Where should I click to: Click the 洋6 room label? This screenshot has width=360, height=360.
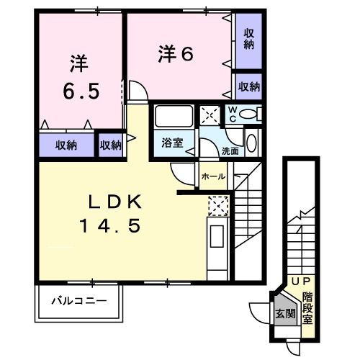(176, 53)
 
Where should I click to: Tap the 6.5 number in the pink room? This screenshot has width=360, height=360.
(78, 92)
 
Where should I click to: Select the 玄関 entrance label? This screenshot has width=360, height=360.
(285, 313)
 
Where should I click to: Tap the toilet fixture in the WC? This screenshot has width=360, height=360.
(251, 114)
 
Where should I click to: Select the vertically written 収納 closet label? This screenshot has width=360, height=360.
(248, 39)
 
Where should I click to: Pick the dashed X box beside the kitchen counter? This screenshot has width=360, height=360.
(217, 206)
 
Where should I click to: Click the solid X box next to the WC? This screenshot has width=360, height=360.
(210, 114)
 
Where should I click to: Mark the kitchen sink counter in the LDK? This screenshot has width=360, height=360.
(217, 244)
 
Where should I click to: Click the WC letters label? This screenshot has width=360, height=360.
(233, 114)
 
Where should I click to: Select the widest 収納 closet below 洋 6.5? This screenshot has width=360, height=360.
(66, 145)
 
